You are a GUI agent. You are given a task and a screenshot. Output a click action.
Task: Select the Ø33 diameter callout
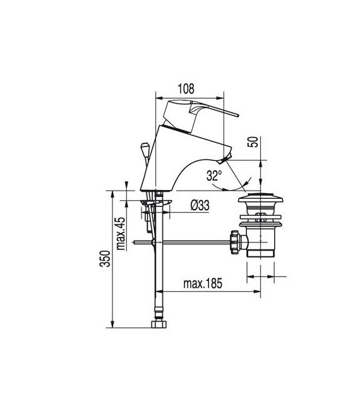[200, 205]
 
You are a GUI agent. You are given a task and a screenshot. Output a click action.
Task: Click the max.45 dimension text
[119, 230]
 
